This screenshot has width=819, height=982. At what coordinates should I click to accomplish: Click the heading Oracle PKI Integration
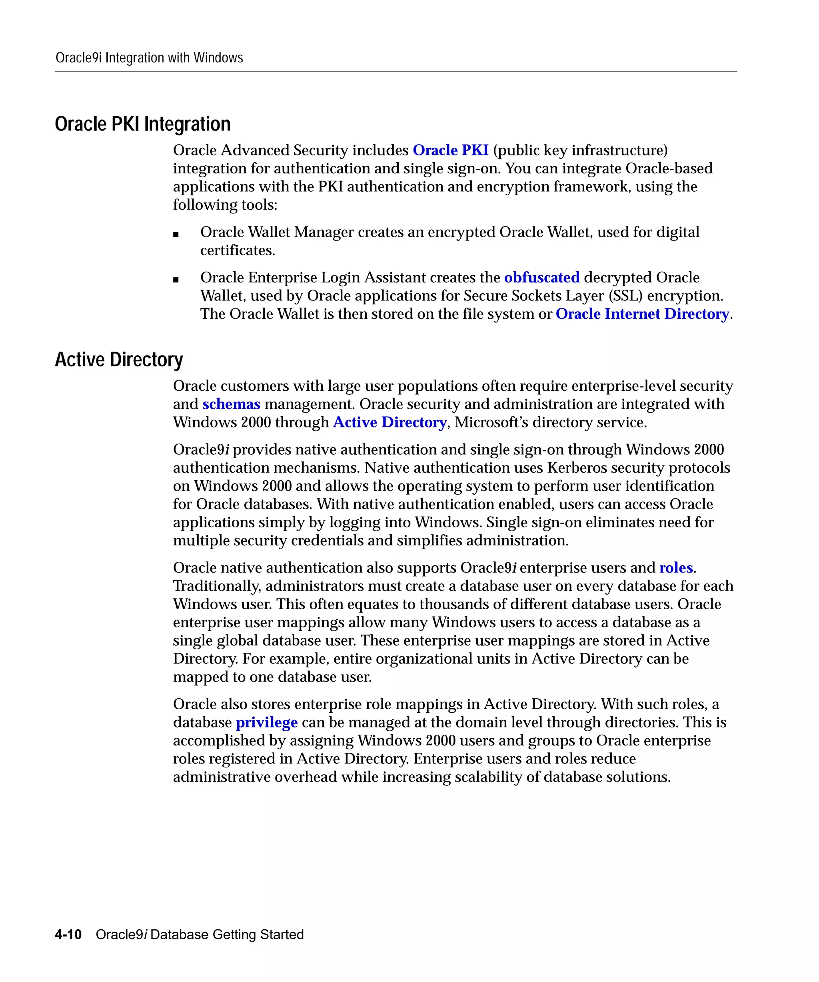point(143,124)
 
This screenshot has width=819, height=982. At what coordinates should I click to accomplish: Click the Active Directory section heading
point(119,360)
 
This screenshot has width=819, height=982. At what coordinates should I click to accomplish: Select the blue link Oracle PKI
point(450,150)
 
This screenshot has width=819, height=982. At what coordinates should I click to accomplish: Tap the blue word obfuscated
point(541,277)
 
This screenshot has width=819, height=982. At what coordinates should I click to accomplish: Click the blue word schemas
point(231,404)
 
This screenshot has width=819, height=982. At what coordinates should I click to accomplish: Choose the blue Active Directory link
point(390,422)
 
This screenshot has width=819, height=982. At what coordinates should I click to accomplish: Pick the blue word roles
point(676,568)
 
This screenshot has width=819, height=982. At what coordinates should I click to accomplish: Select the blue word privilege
point(266,722)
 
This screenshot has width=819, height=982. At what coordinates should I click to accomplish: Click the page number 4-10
point(68,934)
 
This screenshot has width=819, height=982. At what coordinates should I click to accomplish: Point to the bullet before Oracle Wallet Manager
point(176,234)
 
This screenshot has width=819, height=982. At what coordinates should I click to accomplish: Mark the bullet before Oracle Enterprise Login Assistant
point(176,280)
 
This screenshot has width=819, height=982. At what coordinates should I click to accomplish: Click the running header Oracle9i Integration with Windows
point(149,58)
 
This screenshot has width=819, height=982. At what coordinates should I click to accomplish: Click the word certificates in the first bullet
point(237,250)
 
